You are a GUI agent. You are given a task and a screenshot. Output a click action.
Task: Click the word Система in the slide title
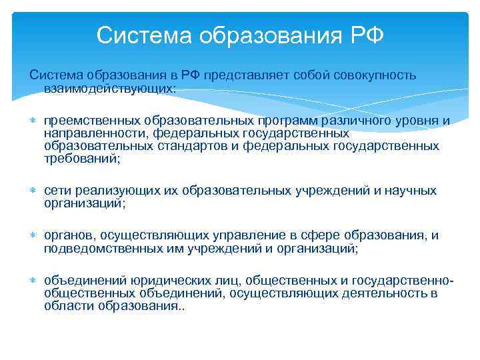point(137,35)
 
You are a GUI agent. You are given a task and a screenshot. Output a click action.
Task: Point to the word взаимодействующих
point(109,87)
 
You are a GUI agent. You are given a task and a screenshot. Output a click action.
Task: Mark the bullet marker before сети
point(33,191)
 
